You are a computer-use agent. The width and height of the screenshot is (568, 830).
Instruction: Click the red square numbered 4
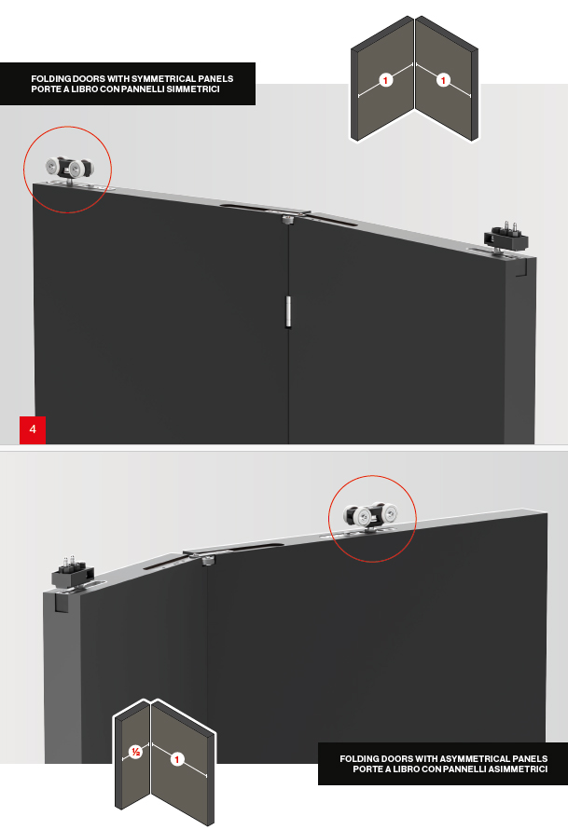coord(33,429)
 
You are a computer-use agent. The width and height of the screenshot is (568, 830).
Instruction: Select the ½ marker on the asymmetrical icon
coord(135,752)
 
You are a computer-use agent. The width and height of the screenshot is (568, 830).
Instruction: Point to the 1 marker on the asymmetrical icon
coord(177,759)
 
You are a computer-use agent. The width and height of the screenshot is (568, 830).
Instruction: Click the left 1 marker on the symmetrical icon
coord(386,80)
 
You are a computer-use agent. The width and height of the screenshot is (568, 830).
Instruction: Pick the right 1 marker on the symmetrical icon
coord(443,80)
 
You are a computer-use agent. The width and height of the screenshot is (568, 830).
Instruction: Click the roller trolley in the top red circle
coord(70,170)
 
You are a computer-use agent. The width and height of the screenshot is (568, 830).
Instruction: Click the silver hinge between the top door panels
coord(288,311)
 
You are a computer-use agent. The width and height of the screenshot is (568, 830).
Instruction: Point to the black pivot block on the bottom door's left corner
coord(73,573)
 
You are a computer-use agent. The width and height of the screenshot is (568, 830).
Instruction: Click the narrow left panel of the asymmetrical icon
coord(132,758)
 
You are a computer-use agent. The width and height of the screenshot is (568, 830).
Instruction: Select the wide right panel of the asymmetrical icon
coord(183,762)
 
